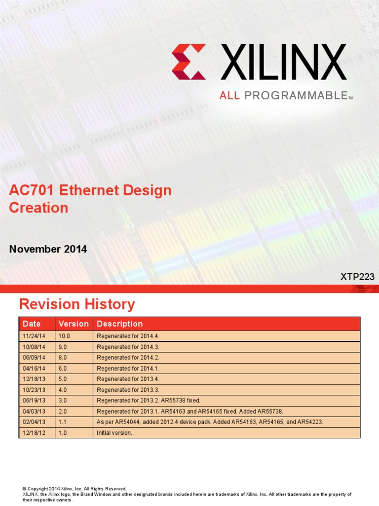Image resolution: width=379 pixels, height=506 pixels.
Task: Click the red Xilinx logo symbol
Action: pyautogui.click(x=189, y=62)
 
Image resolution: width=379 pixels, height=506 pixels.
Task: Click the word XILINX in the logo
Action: pyautogui.click(x=283, y=62)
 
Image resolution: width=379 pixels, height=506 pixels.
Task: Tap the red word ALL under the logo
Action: pyautogui.click(x=229, y=96)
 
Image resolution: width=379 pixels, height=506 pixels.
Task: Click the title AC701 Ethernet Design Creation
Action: pyautogui.click(x=90, y=199)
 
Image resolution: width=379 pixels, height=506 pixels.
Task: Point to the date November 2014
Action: pyautogui.click(x=48, y=249)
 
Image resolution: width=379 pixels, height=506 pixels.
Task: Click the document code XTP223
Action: pyautogui.click(x=357, y=277)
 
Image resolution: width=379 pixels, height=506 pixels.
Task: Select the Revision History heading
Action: pyautogui.click(x=76, y=304)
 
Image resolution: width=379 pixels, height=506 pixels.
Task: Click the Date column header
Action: pyautogui.click(x=32, y=324)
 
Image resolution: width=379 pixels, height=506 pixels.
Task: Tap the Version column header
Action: pyautogui.click(x=74, y=324)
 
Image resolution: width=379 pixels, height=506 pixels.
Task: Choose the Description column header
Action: pyautogui.click(x=120, y=324)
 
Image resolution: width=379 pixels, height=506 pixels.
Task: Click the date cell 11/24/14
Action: pyautogui.click(x=34, y=336)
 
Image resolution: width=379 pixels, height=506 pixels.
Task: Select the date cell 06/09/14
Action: pyautogui.click(x=34, y=357)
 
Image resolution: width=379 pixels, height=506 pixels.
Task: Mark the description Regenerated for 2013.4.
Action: pyautogui.click(x=128, y=379)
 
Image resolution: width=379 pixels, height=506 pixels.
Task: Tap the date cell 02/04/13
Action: pyautogui.click(x=34, y=422)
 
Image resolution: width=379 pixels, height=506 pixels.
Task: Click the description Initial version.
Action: pyautogui.click(x=114, y=433)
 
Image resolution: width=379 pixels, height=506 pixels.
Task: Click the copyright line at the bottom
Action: pyautogui.click(x=75, y=489)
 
